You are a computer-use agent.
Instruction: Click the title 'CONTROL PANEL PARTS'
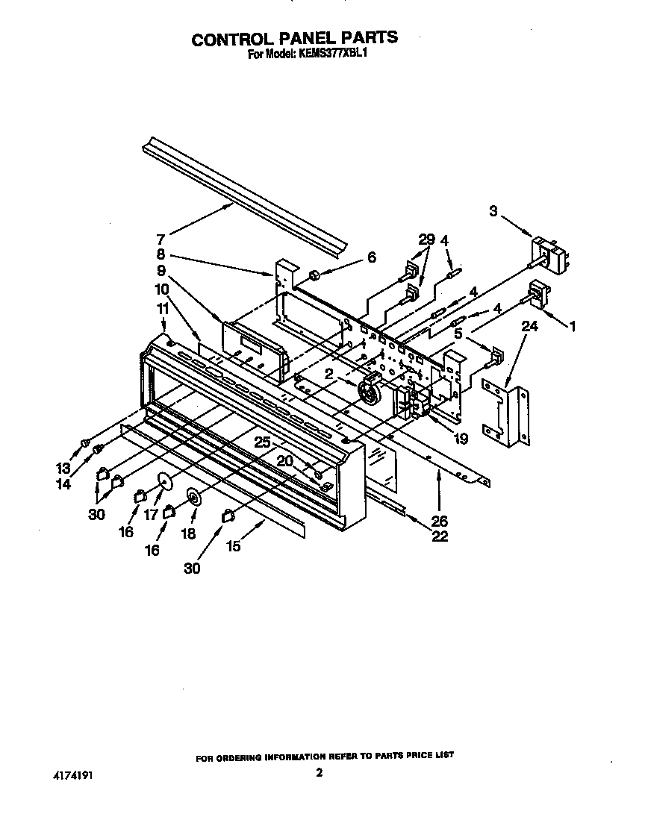[295, 39]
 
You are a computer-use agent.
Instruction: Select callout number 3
[493, 211]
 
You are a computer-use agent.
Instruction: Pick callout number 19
[461, 439]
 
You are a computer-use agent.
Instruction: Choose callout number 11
[163, 307]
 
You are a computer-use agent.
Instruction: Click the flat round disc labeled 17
[165, 483]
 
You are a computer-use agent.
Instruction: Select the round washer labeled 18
[194, 498]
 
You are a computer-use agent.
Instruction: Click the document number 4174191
[73, 776]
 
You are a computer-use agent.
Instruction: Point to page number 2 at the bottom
[319, 774]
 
